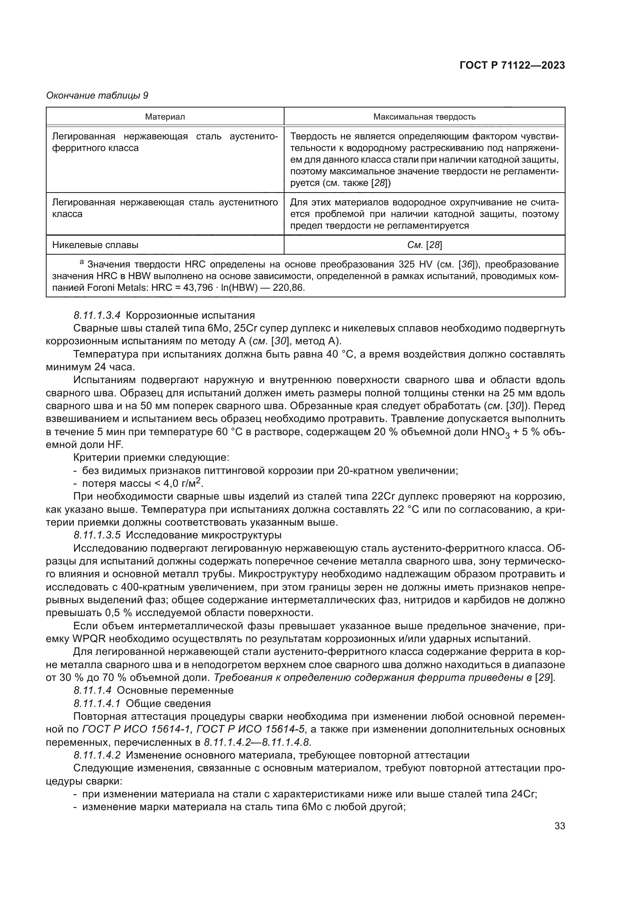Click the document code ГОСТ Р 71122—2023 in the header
point(512,66)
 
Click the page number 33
point(559,826)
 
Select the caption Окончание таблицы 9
point(97,95)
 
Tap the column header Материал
point(165,117)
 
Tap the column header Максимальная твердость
point(424,117)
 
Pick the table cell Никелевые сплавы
point(95,245)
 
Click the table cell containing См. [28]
point(424,245)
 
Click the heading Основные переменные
point(175,691)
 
